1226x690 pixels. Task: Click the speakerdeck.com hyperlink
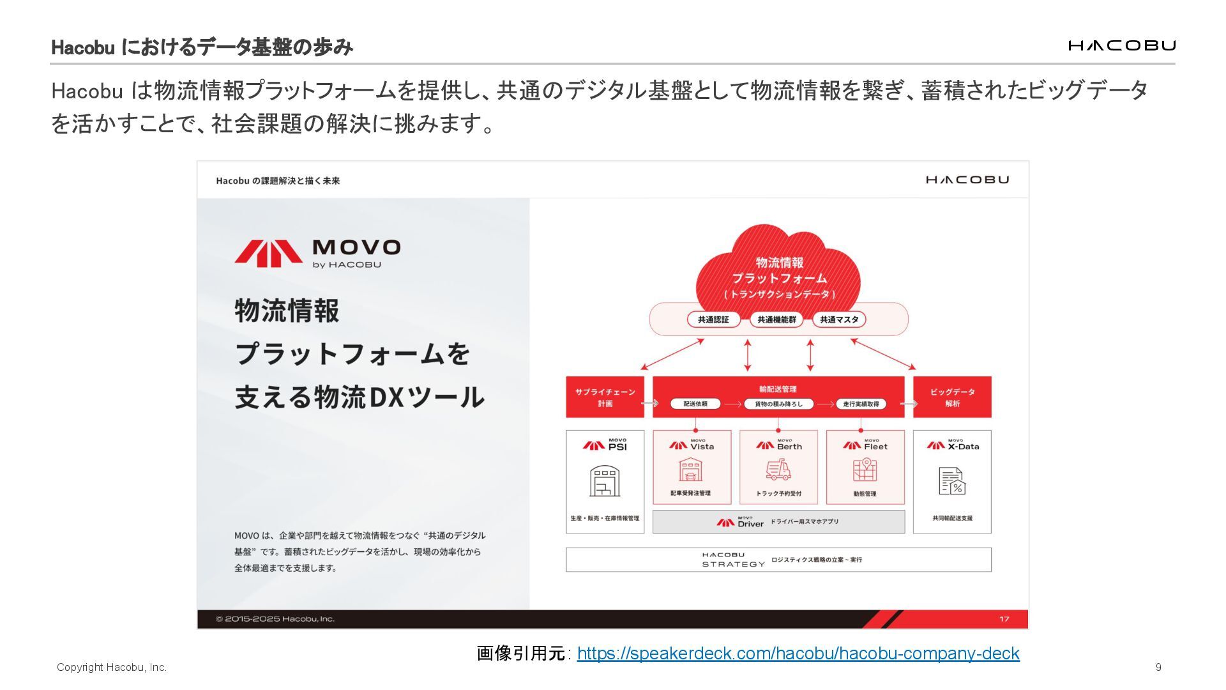click(798, 654)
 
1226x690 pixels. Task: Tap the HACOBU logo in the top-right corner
click(1121, 45)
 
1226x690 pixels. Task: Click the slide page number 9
click(1158, 667)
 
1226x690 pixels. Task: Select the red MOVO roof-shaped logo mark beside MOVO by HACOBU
click(268, 253)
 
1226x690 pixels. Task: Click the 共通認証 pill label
click(713, 319)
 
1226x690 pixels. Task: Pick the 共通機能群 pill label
click(776, 319)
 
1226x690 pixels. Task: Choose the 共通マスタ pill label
click(839, 319)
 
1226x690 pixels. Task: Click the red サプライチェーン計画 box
click(605, 397)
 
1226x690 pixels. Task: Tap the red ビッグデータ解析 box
click(952, 397)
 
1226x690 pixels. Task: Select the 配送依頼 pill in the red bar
click(695, 404)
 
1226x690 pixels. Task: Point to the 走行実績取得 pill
click(861, 404)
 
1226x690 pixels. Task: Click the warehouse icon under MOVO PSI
click(604, 481)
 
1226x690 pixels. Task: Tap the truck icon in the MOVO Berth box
click(778, 470)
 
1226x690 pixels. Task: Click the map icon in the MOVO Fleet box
click(865, 470)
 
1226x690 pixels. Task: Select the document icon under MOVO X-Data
click(951, 481)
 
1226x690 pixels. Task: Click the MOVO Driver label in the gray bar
click(741, 522)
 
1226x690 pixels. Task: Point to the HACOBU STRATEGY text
click(732, 560)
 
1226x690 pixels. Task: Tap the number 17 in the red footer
click(1004, 619)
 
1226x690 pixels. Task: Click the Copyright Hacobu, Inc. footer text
click(112, 668)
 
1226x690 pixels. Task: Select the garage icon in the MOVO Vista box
click(691, 470)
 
